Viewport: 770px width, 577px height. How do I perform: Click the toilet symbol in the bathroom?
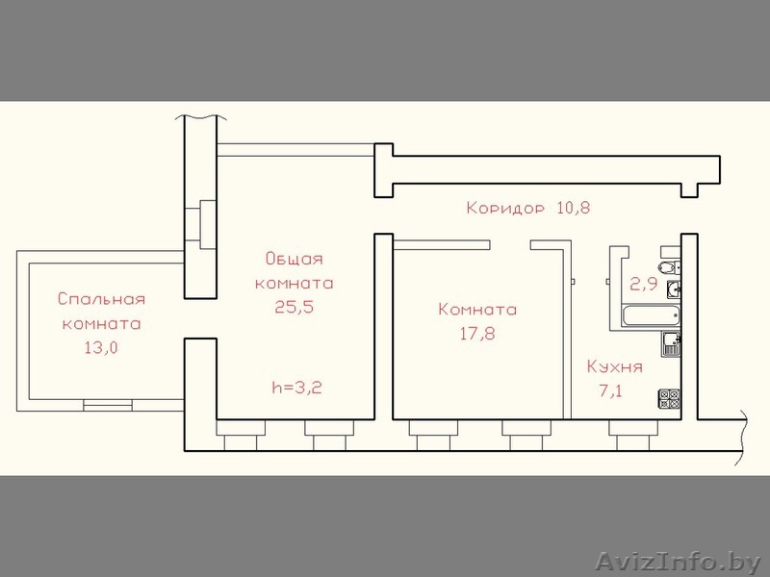point(669,267)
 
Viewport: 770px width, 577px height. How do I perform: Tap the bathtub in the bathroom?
point(651,316)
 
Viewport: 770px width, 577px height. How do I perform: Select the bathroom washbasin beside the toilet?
point(673,289)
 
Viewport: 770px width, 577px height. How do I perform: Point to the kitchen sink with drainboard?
point(670,343)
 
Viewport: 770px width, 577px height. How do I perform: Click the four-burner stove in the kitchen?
point(669,398)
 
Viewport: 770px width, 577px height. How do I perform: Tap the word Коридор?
point(505,208)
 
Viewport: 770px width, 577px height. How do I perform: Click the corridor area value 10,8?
point(573,208)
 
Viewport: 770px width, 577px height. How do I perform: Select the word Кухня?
point(615,366)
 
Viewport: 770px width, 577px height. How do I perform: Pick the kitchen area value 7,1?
point(610,391)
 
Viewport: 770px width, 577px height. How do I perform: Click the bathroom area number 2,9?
point(643,284)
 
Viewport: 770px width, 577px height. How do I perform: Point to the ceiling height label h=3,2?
point(297,389)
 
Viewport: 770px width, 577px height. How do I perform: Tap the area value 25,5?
point(295,307)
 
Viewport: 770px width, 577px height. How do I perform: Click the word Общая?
point(295,258)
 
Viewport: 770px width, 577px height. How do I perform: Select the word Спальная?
point(102,299)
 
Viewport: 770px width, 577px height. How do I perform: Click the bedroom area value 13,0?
point(102,348)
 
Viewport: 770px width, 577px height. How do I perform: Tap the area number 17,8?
point(477,334)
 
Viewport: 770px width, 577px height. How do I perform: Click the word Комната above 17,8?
point(477,310)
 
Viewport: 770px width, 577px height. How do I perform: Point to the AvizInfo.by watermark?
point(680,562)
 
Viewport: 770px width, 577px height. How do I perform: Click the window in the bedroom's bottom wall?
point(108,405)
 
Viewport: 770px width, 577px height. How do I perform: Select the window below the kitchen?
point(633,436)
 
